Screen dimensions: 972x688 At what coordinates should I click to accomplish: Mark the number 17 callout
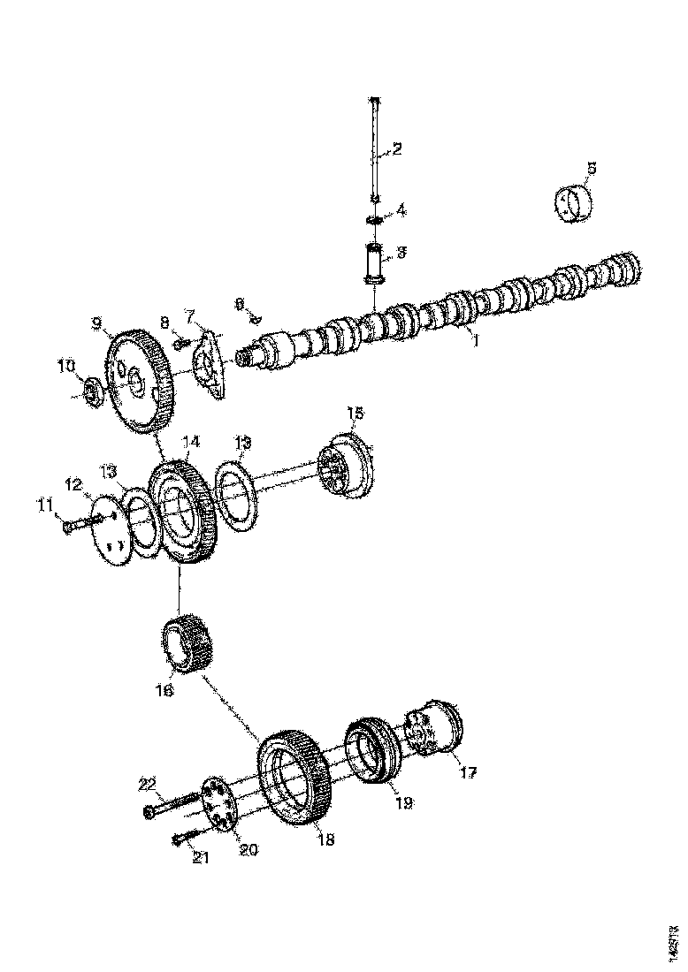[467, 772]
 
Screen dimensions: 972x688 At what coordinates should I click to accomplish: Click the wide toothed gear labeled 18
[294, 776]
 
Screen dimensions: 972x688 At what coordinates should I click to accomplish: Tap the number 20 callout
[248, 849]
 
